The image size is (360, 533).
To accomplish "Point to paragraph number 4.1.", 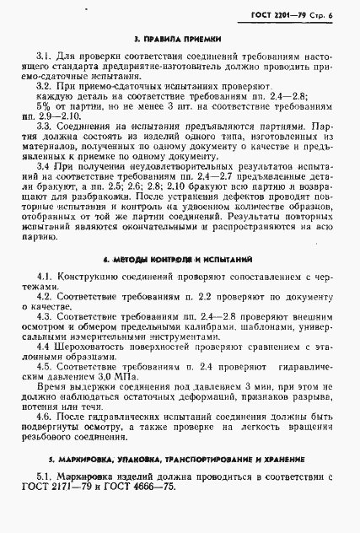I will coord(45,277).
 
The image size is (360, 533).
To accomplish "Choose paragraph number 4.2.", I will coord(45,298).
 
